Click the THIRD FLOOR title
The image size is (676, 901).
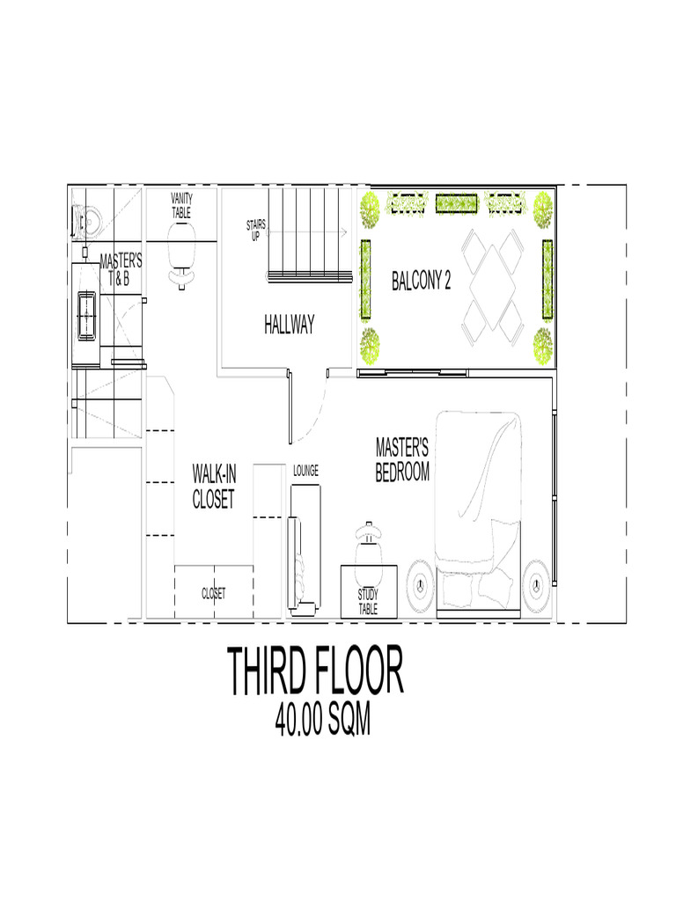pyautogui.click(x=317, y=672)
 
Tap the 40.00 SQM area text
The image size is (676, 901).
pyautogui.click(x=322, y=722)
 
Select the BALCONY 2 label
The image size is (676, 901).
pyautogui.click(x=422, y=282)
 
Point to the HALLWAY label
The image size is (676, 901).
pyautogui.click(x=289, y=325)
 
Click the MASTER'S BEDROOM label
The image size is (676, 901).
pyautogui.click(x=402, y=460)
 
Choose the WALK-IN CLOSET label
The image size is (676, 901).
pyautogui.click(x=214, y=487)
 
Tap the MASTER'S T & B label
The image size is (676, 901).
pyautogui.click(x=121, y=270)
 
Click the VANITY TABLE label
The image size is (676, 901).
pyautogui.click(x=182, y=206)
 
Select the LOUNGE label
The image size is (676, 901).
pyautogui.click(x=305, y=470)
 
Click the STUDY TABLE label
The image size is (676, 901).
pyautogui.click(x=368, y=602)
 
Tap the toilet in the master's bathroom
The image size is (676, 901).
pyautogui.click(x=88, y=221)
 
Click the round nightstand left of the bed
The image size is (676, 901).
pyautogui.click(x=420, y=582)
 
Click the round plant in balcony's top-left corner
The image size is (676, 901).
pyautogui.click(x=370, y=209)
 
